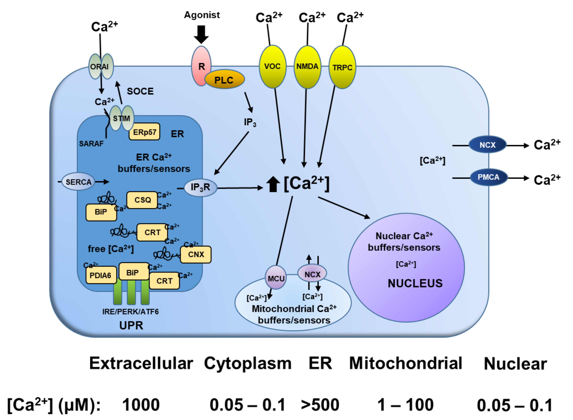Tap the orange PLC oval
(x=224, y=80)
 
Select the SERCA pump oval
(x=78, y=182)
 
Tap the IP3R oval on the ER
(x=200, y=188)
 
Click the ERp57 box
(x=144, y=132)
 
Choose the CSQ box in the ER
(x=142, y=200)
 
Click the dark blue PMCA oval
(x=489, y=177)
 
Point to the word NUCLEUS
(x=415, y=283)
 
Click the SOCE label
(x=140, y=91)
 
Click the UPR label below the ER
(x=131, y=325)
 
